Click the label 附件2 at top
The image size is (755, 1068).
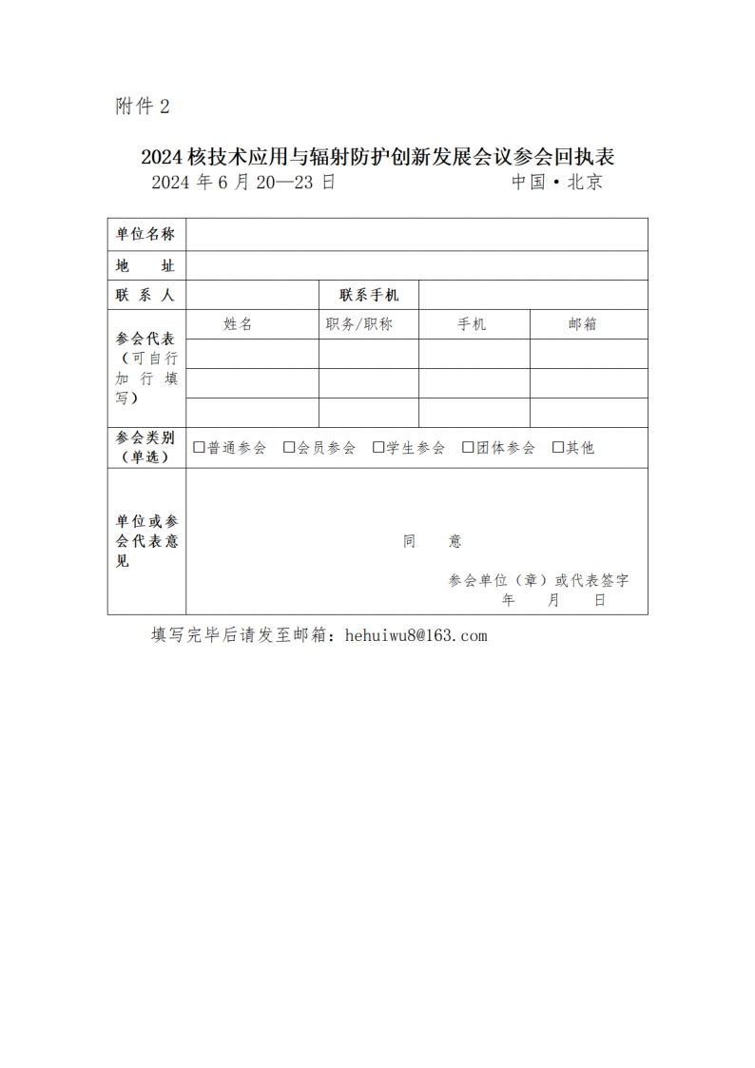click(142, 107)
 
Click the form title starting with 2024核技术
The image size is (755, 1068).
click(377, 157)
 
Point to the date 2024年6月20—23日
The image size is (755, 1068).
click(243, 183)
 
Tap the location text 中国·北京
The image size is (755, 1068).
click(557, 183)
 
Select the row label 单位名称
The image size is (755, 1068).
click(145, 235)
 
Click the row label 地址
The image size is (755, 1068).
click(145, 265)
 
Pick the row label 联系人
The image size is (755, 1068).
click(145, 295)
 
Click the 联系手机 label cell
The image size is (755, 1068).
click(369, 295)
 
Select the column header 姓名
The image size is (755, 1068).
click(238, 324)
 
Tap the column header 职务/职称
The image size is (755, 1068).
click(358, 324)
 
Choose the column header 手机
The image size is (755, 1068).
click(472, 324)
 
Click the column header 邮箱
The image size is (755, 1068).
click(583, 324)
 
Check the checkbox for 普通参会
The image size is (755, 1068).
click(199, 447)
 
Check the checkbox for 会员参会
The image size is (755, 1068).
click(289, 447)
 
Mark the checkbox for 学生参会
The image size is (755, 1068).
click(378, 447)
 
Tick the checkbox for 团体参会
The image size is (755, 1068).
click(468, 447)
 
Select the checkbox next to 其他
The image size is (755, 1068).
click(558, 447)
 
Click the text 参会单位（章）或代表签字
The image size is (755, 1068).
click(538, 580)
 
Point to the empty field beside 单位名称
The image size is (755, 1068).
click(416, 235)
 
